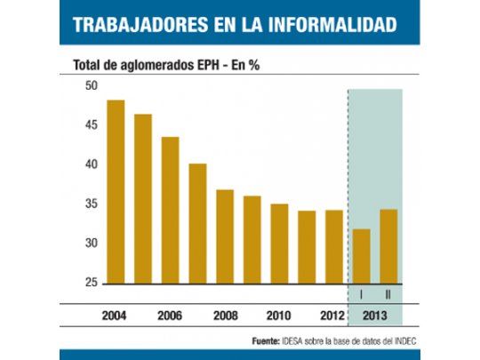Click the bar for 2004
click(x=116, y=192)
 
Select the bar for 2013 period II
click(x=388, y=246)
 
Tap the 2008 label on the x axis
click(x=225, y=316)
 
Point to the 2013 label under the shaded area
click(x=375, y=316)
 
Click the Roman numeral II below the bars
click(x=388, y=294)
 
